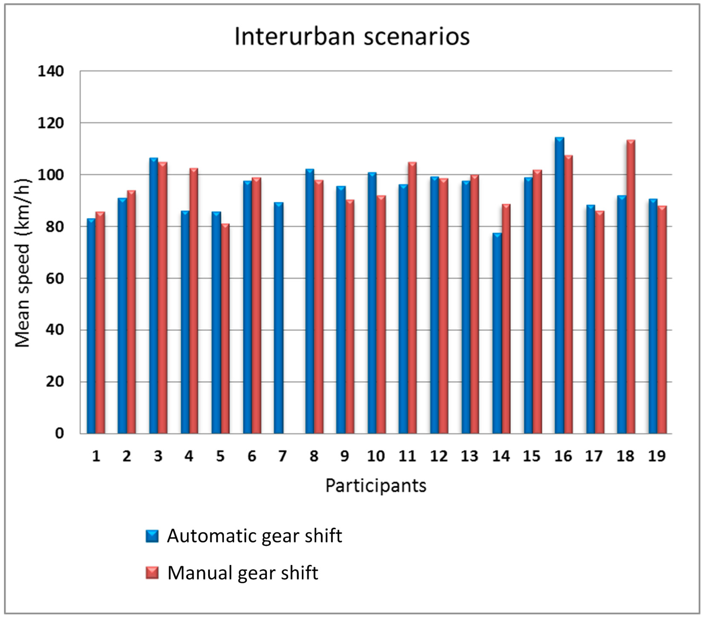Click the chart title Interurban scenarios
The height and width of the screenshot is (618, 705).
[x=352, y=37]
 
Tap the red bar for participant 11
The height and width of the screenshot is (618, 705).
[x=412, y=298]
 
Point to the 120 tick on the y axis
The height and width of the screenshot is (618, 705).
[x=51, y=123]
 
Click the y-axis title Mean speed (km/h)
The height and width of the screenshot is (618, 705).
[x=23, y=264]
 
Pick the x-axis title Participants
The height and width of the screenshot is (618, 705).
[x=376, y=486]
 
